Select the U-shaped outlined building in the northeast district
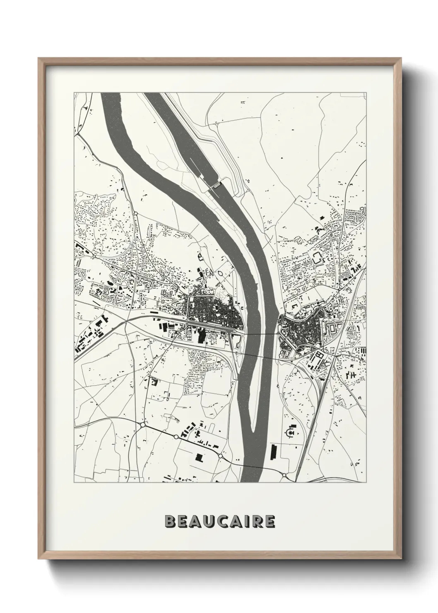(x=318, y=258)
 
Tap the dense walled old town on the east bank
(x=300, y=329)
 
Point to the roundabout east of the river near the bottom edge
(x=284, y=474)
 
